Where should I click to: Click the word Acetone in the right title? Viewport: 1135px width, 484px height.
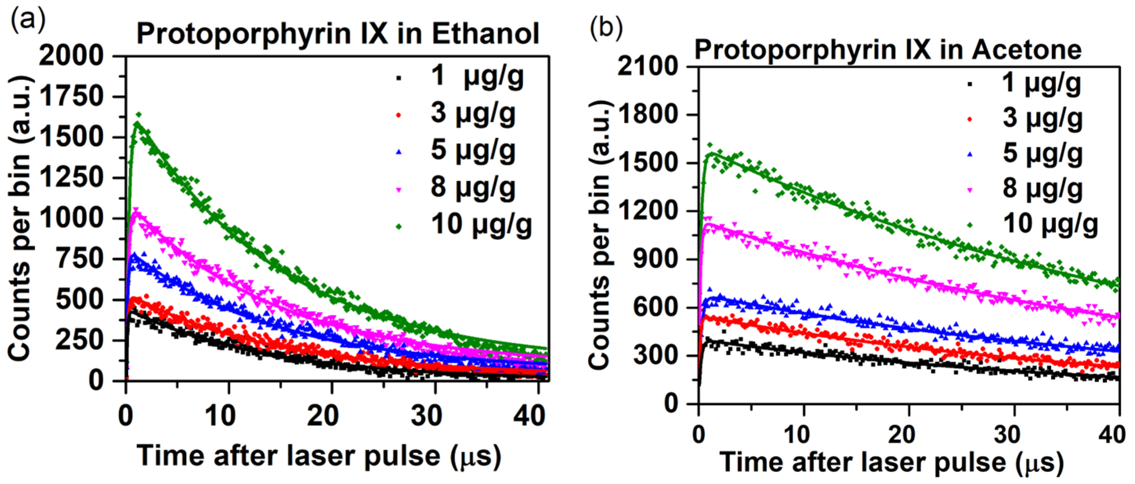[1026, 50]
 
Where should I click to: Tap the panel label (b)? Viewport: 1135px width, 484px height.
[606, 29]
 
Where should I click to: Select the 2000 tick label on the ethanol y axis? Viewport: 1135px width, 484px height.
[71, 56]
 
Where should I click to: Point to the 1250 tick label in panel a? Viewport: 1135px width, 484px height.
[71, 178]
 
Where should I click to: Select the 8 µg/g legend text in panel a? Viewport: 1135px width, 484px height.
[473, 187]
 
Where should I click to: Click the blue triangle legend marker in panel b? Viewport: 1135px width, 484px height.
[970, 154]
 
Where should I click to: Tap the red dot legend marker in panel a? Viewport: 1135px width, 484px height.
[399, 115]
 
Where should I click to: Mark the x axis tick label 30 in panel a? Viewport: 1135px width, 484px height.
[426, 416]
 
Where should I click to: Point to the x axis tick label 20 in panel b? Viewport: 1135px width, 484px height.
[901, 435]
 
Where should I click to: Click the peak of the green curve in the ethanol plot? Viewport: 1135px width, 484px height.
[137, 123]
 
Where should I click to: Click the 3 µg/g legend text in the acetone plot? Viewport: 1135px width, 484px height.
[1043, 118]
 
